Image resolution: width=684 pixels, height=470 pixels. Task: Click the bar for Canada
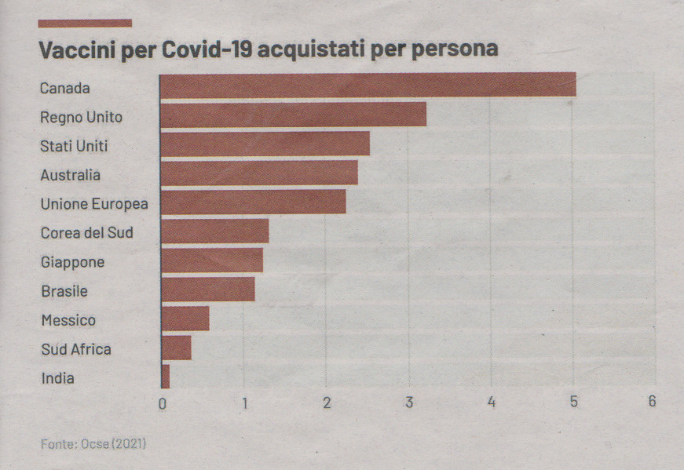[x=368, y=85]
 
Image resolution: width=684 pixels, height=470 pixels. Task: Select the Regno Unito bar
[x=293, y=115]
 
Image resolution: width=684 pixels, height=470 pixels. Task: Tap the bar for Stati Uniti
[x=265, y=144]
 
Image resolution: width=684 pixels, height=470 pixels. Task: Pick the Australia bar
[x=258, y=173]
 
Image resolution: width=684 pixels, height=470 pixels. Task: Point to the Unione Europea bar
[x=253, y=202]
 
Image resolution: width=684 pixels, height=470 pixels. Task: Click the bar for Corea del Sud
[x=214, y=231]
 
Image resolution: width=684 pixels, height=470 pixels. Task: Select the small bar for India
[x=165, y=377]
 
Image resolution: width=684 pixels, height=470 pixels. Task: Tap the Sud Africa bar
[x=176, y=348]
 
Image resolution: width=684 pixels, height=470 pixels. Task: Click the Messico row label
[x=68, y=320]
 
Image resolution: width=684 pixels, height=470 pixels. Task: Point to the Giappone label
[x=72, y=262]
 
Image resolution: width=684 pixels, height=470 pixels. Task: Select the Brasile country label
[x=64, y=291]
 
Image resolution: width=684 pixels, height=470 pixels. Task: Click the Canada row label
[x=65, y=88]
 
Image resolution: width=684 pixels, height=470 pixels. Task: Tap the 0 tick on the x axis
[x=163, y=403]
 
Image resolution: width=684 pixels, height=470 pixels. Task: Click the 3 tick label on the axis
[x=409, y=403]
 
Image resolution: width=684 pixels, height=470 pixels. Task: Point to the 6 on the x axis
[x=652, y=401]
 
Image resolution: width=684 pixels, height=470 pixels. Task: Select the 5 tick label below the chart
[x=573, y=402]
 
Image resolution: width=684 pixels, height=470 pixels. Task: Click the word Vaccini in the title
[x=76, y=49]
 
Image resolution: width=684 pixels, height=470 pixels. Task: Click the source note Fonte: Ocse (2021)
[x=93, y=444]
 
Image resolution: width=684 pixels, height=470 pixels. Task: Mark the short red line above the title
[x=85, y=24]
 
